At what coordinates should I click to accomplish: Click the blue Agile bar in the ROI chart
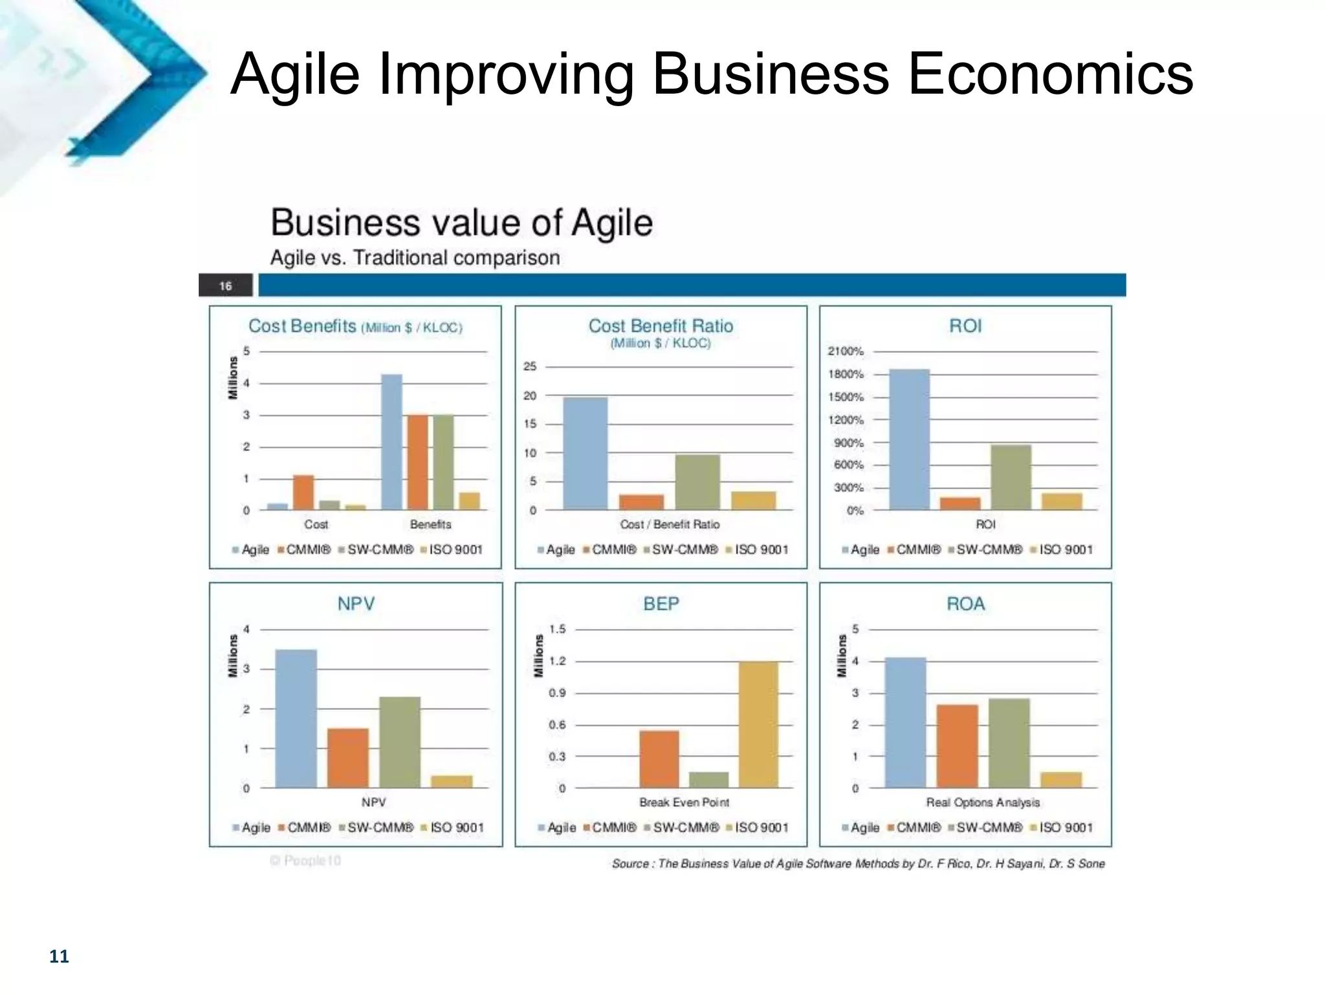[909, 439]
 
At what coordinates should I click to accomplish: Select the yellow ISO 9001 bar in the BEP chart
[758, 724]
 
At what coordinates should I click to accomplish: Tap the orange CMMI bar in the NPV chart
[347, 758]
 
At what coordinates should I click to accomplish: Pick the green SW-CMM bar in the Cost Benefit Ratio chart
[697, 481]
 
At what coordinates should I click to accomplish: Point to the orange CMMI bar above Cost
[303, 492]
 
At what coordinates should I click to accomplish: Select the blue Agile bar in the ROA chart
[905, 722]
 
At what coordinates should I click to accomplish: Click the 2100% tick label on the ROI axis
[846, 351]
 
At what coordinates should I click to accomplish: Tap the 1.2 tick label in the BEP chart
[557, 661]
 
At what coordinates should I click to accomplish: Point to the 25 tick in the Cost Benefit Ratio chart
[530, 366]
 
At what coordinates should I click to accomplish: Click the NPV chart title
[356, 604]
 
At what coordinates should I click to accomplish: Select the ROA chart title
[965, 604]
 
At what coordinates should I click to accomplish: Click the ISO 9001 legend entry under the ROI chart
[1065, 550]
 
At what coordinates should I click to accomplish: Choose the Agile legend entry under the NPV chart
[255, 828]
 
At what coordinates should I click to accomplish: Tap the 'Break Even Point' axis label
[684, 802]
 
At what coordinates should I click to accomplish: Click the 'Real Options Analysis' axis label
[983, 802]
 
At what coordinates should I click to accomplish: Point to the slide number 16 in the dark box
[225, 285]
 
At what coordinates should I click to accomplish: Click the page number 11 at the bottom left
[59, 956]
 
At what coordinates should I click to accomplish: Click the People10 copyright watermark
[305, 861]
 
